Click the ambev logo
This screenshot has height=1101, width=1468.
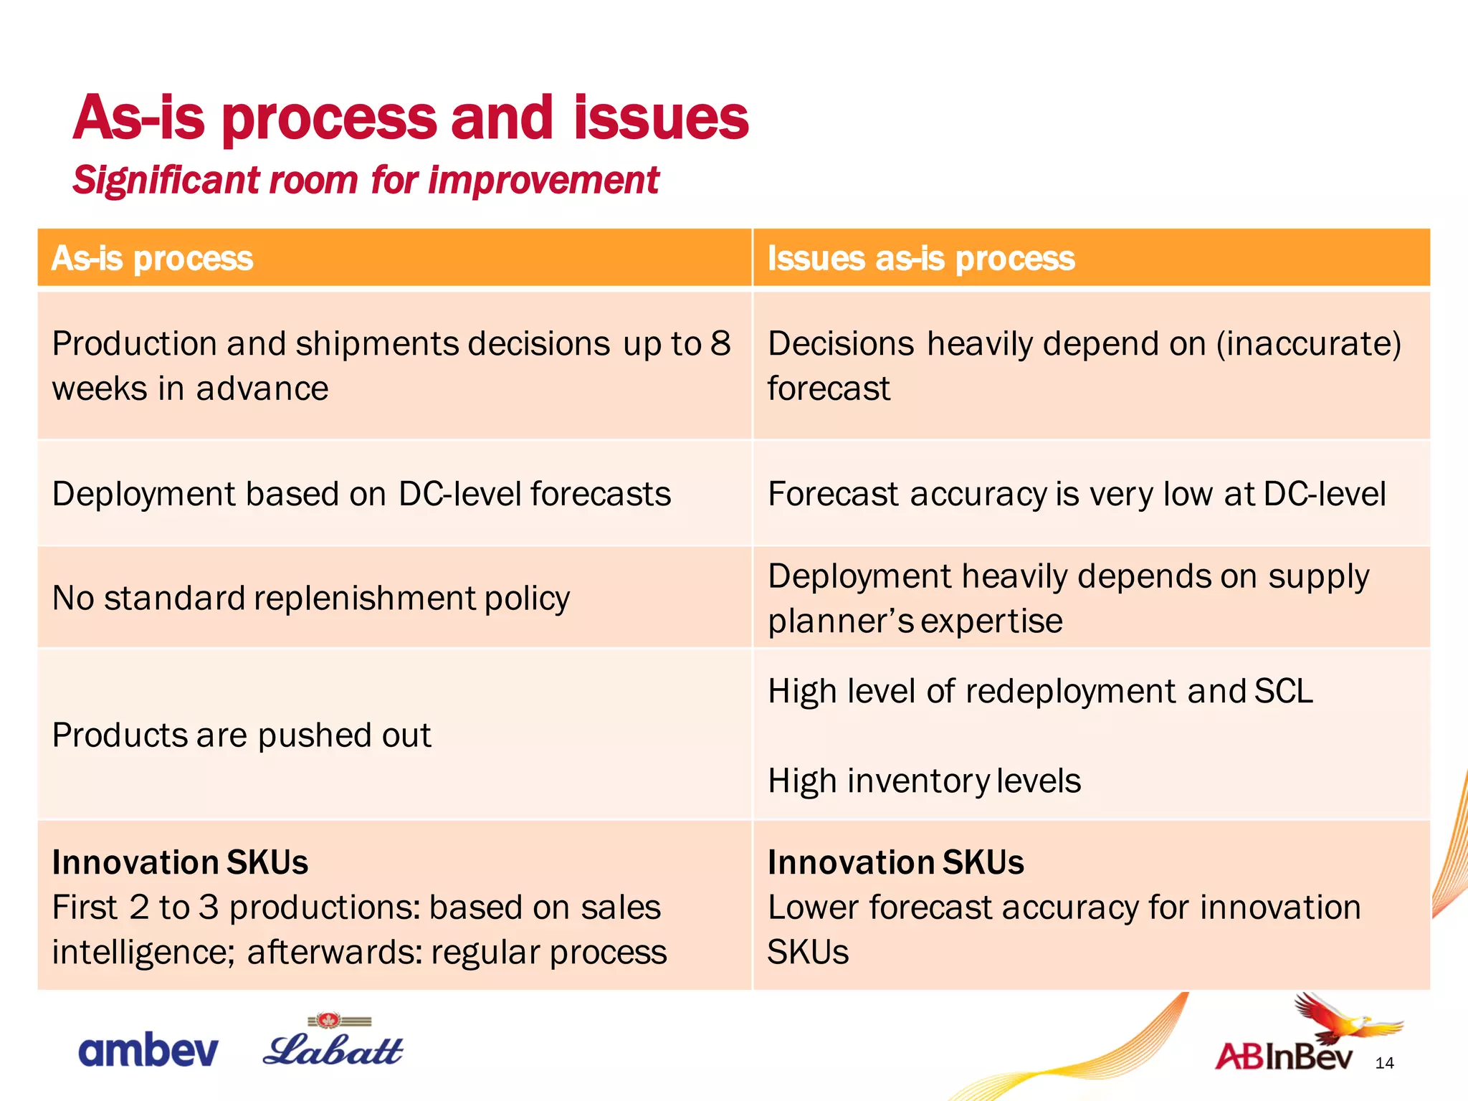148,1051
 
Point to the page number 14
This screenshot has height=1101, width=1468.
1384,1063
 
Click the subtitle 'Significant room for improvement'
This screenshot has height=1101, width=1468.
366,180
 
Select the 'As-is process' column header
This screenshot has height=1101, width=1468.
152,258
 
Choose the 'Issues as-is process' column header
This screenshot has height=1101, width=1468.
920,258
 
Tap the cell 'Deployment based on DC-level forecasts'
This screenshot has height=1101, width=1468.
361,494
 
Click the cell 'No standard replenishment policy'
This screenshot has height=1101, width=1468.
310,598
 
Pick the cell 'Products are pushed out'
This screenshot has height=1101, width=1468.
242,735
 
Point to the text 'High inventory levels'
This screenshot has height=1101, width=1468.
923,781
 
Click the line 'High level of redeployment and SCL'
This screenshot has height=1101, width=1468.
1039,692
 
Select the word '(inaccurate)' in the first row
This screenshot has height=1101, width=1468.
1308,344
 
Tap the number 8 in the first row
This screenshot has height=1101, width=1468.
720,344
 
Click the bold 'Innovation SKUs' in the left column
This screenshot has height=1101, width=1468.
180,862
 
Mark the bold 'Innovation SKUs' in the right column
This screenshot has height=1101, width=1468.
895,862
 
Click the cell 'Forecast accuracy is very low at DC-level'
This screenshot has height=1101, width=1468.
1076,494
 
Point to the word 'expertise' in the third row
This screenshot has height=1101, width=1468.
991,621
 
